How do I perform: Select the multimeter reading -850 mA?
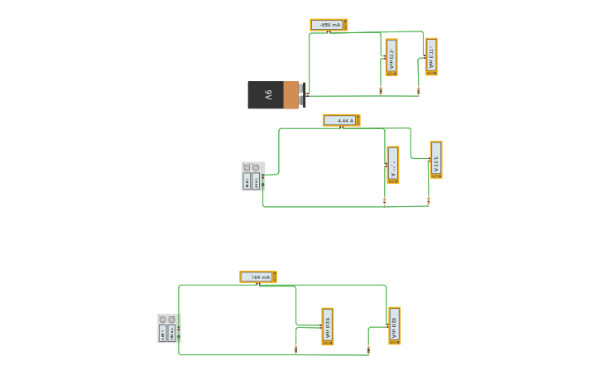[x=329, y=25]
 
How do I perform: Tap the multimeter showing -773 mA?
[x=391, y=57]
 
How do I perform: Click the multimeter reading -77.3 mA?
[x=431, y=56]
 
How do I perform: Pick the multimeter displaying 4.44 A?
[x=341, y=120]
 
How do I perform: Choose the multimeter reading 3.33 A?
[x=436, y=160]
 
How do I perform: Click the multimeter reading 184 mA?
[x=258, y=276]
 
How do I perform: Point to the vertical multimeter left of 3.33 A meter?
[x=393, y=165]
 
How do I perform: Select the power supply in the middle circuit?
[x=252, y=176]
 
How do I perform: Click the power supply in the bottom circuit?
[x=169, y=328]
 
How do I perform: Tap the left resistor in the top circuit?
[x=381, y=89]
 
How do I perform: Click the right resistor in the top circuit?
[x=418, y=89]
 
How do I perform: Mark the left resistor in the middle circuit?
[x=385, y=200]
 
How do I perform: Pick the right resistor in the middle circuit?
[x=428, y=200]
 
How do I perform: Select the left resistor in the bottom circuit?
[x=295, y=349]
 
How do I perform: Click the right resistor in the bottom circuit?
[x=368, y=349]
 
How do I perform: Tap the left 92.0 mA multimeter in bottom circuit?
[x=328, y=326]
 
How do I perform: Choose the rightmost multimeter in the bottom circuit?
[x=395, y=325]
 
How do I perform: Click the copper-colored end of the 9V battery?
[x=290, y=95]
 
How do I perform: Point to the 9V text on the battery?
[x=268, y=95]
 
